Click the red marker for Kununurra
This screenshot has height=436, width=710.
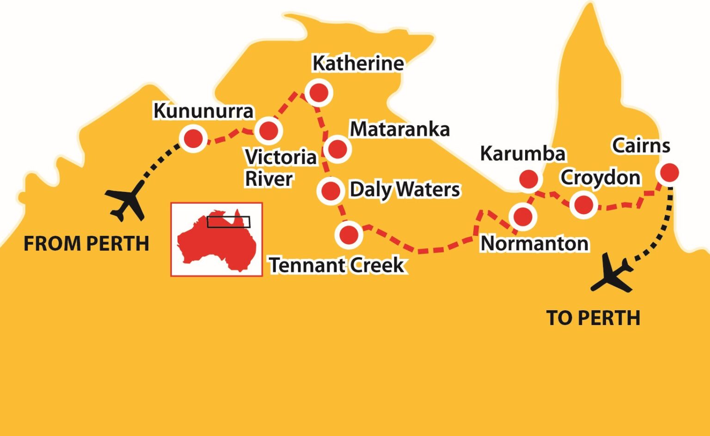click(x=193, y=138)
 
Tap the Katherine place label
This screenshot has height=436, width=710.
click(x=358, y=63)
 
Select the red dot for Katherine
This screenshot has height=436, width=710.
click(x=319, y=92)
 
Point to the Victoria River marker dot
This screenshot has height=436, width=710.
click(x=269, y=130)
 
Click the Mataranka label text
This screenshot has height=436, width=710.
click(x=399, y=129)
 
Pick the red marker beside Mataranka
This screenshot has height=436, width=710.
click(x=337, y=149)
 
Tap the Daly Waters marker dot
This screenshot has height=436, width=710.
click(x=331, y=190)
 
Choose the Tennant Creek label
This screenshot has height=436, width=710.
click(x=337, y=265)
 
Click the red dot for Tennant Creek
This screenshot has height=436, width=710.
click(x=349, y=235)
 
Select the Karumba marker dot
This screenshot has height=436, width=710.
click(x=528, y=179)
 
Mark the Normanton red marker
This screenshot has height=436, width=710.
click(x=523, y=216)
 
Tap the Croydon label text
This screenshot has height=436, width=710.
click(x=600, y=178)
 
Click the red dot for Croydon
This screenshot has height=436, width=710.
click(x=583, y=204)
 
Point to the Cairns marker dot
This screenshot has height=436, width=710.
click(x=668, y=172)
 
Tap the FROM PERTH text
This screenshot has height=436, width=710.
click(x=86, y=244)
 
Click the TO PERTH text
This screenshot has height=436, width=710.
click(x=593, y=318)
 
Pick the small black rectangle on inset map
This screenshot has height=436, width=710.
click(x=228, y=222)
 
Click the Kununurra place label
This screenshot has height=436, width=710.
click(x=203, y=111)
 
